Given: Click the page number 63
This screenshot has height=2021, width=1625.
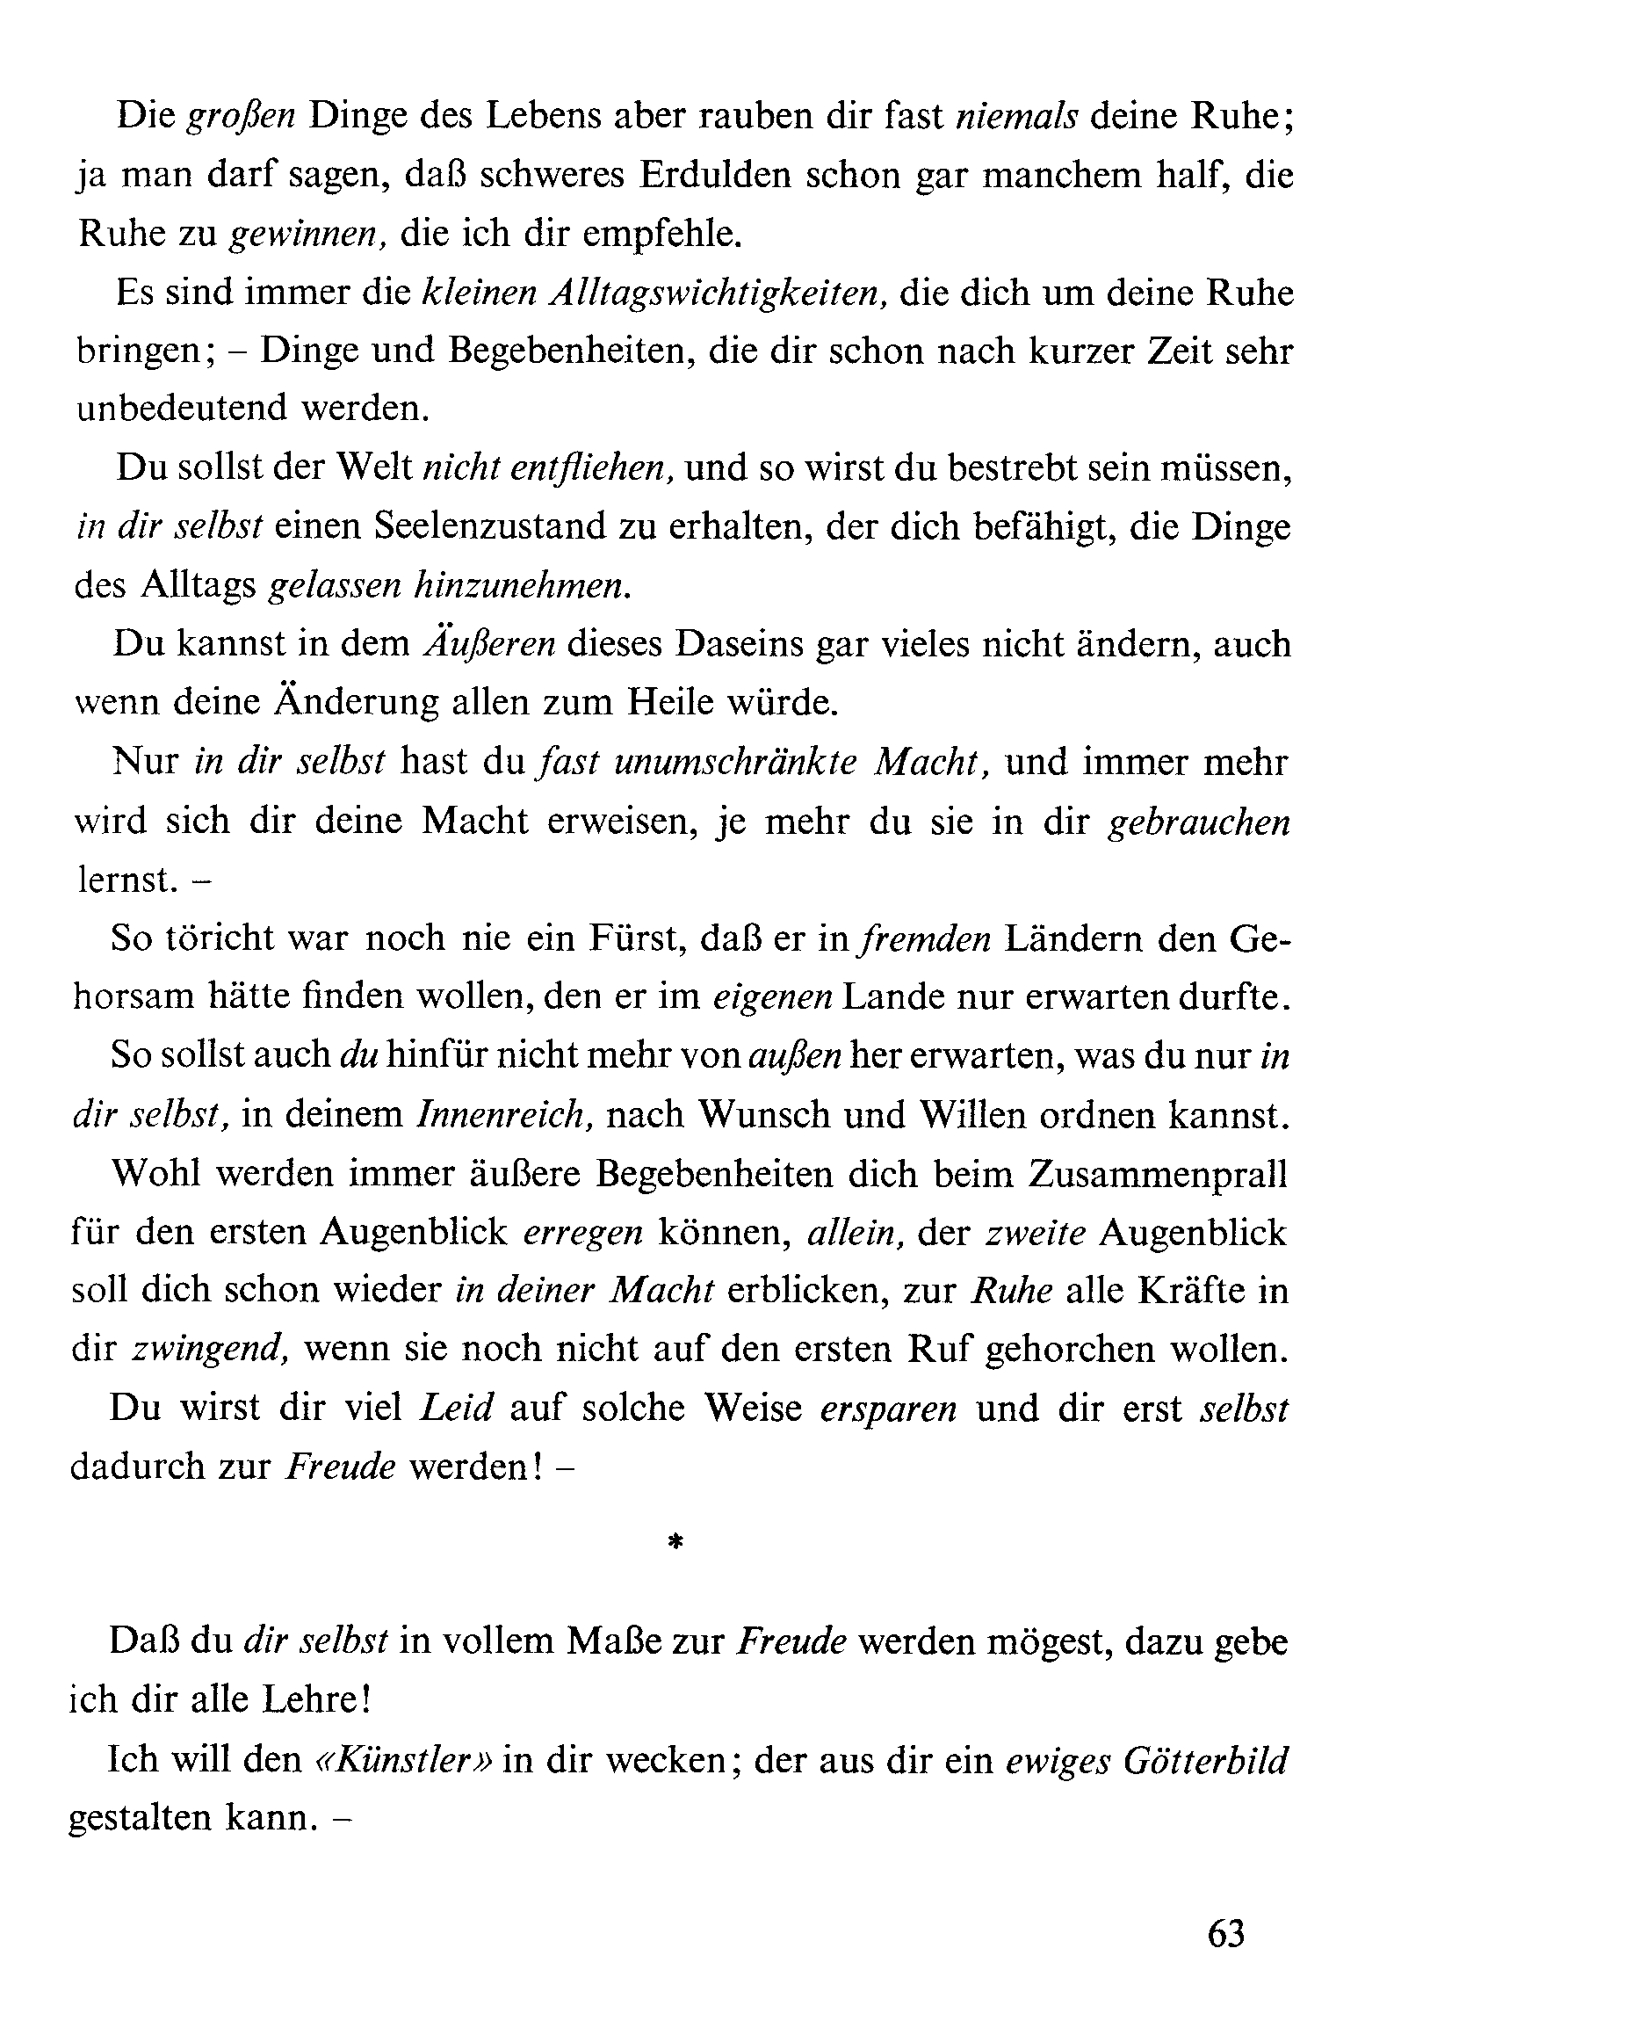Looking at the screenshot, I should (x=1226, y=1935).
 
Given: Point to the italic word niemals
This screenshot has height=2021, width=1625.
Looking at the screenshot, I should (x=1017, y=116).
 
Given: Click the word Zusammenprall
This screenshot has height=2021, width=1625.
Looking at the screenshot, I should (x=1158, y=1174).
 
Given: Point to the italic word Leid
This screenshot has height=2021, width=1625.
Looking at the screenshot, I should (x=457, y=1408).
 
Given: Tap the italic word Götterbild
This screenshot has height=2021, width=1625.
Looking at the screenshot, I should (x=1204, y=1759).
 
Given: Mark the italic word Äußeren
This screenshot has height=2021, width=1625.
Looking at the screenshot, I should (x=490, y=644).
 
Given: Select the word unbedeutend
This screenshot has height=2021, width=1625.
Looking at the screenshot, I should (x=181, y=409).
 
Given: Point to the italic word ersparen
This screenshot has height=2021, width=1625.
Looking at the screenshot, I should (x=888, y=1408).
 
